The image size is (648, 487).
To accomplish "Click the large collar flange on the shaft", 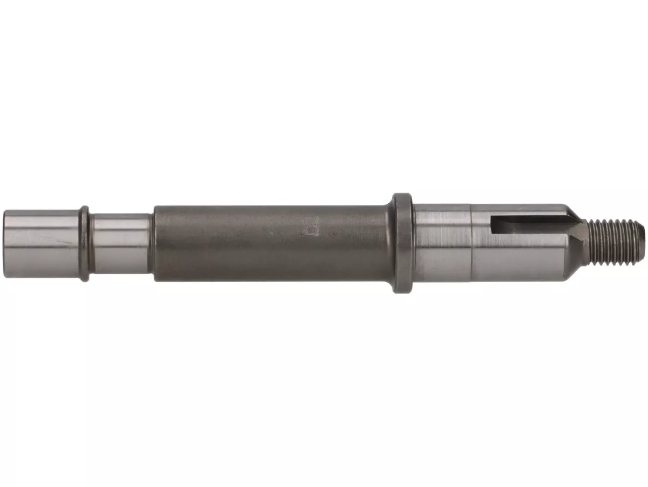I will point(402,243).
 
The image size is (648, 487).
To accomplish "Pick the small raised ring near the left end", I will point(85,243).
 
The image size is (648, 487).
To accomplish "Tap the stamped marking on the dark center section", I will point(311,227).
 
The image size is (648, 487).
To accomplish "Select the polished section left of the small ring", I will point(43,243).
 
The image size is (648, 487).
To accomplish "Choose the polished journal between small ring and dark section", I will point(120,243).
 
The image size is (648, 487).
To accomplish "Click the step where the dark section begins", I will point(155,243).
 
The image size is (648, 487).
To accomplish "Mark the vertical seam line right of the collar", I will point(471,243).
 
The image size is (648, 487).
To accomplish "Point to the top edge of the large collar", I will point(402,194).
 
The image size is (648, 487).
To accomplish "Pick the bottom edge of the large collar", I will point(402,292).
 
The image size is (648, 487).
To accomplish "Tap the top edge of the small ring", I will point(85,206).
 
